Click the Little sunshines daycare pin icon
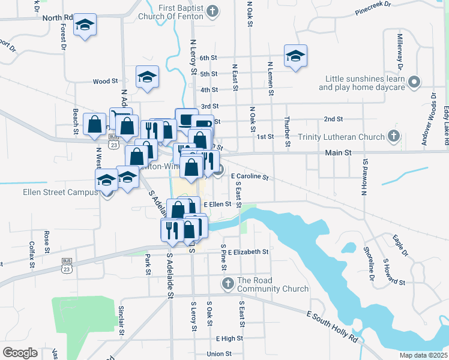pyautogui.click(x=414, y=82)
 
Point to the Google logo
pyautogui.click(x=20, y=352)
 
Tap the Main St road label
pyautogui.click(x=338, y=153)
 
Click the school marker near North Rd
pyautogui.click(x=85, y=25)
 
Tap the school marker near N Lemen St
pyautogui.click(x=295, y=56)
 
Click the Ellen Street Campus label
pyautogui.click(x=52, y=192)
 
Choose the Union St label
pyautogui.click(x=219, y=353)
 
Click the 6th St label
pyautogui.click(x=208, y=58)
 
